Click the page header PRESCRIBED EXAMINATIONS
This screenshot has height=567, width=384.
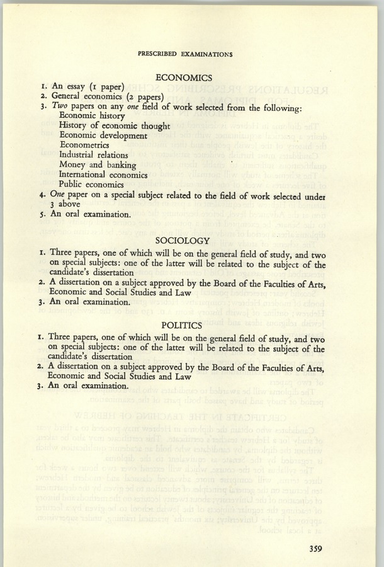pos(184,54)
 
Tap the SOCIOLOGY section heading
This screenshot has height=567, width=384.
pos(183,241)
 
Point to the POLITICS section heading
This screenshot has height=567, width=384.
pos(181,326)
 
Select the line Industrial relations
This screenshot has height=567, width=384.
pos(94,154)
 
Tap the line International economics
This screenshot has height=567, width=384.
pos(104,175)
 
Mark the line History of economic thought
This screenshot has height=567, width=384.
pos(115,125)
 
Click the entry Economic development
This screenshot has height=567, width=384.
pos(103,135)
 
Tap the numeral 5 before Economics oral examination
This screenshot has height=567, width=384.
pos(40,214)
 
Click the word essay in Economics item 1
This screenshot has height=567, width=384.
pos(74,87)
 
